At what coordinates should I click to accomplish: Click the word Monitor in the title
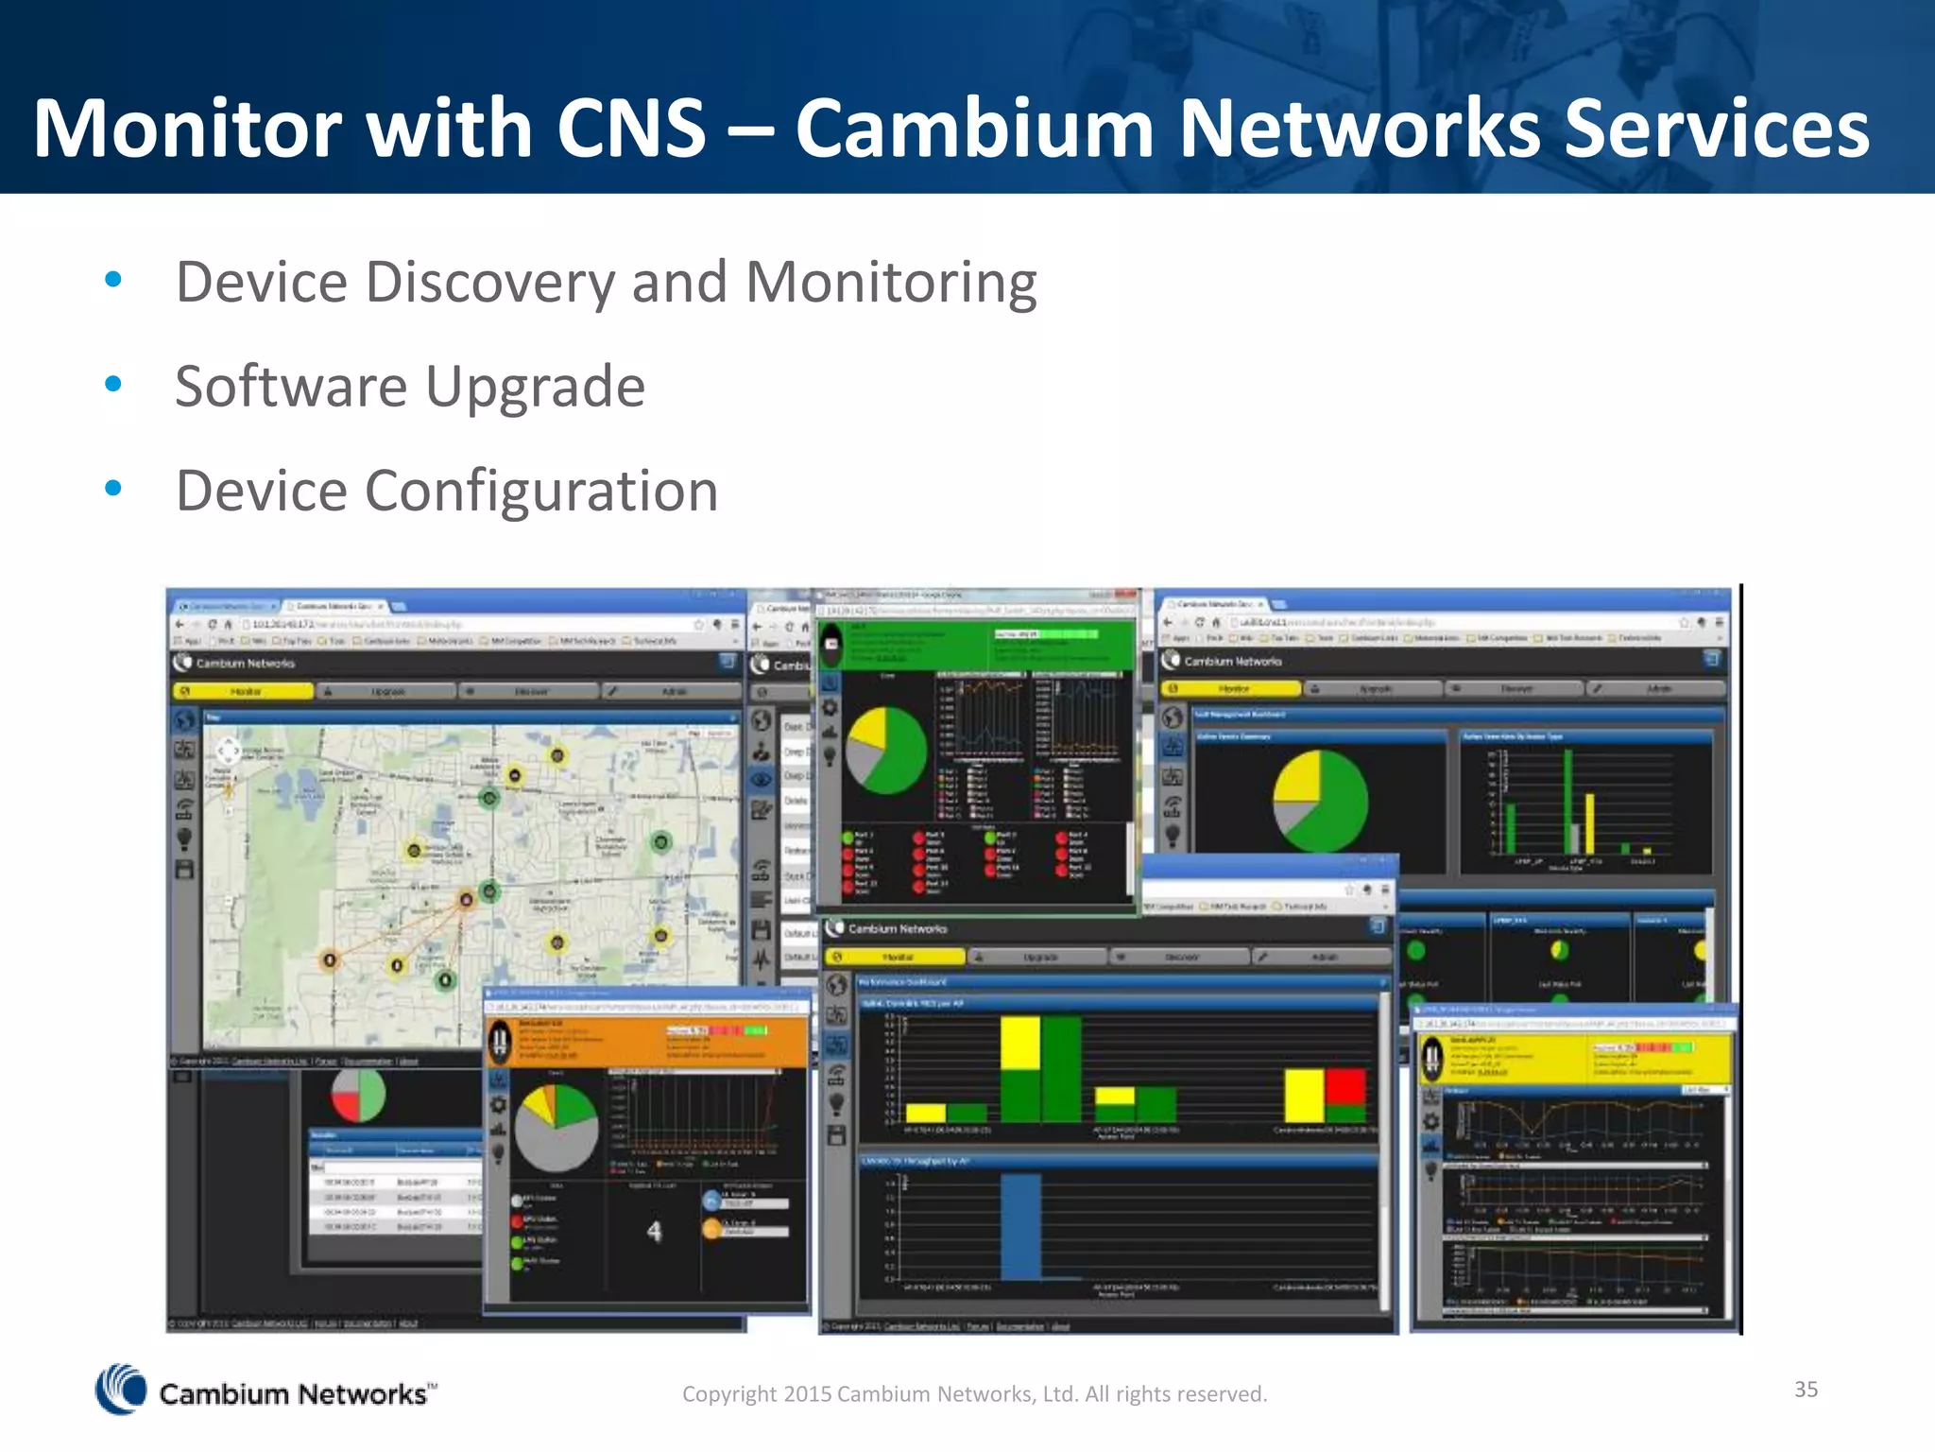click(189, 129)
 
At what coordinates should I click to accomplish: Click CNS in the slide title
click(631, 129)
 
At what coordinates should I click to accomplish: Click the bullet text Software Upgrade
click(410, 387)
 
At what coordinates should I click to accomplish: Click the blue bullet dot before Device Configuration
click(113, 488)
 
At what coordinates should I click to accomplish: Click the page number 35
click(1806, 1389)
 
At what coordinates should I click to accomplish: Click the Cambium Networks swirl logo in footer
click(121, 1390)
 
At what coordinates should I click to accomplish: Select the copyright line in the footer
click(974, 1393)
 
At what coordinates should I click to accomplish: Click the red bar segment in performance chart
click(1344, 1086)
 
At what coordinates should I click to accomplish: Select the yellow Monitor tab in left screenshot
click(244, 692)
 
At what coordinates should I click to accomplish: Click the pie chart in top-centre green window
click(885, 751)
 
